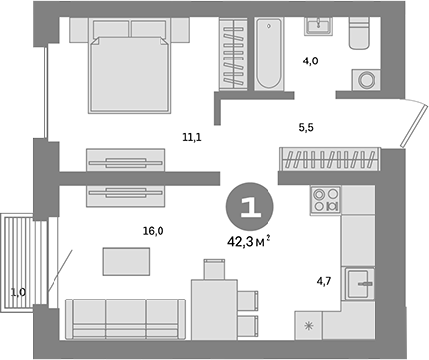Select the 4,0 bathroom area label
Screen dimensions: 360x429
[x=310, y=61]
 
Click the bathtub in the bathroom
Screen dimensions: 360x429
[x=269, y=55]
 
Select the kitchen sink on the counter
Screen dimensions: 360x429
[x=358, y=283]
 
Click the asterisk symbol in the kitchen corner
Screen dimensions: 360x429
[x=310, y=326]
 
